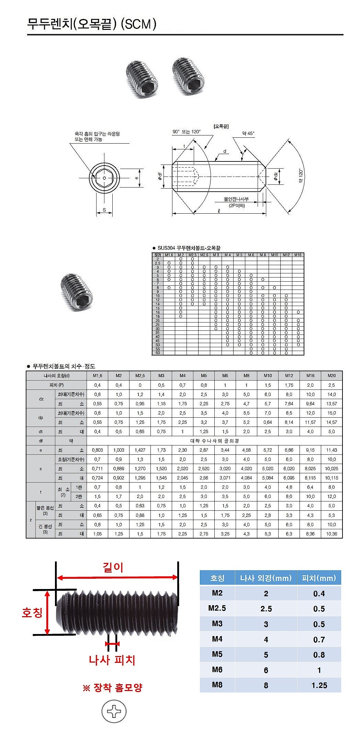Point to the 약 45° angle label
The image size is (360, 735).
click(248, 133)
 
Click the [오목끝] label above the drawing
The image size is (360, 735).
click(221, 126)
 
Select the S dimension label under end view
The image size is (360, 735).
click(104, 210)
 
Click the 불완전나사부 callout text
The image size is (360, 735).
click(236, 199)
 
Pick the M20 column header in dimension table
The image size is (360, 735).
click(331, 376)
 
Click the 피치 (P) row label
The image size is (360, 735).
click(56, 385)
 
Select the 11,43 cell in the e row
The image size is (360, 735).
click(331, 450)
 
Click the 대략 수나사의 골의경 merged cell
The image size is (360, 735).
click(214, 441)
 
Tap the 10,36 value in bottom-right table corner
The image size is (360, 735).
click(331, 534)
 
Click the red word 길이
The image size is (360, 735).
click(113, 567)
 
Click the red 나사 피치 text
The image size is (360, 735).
click(112, 660)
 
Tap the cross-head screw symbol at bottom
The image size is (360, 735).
click(114, 711)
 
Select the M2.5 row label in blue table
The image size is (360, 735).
click(217, 608)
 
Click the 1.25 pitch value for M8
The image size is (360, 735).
click(319, 685)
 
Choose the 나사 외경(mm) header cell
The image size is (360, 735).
click(266, 578)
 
